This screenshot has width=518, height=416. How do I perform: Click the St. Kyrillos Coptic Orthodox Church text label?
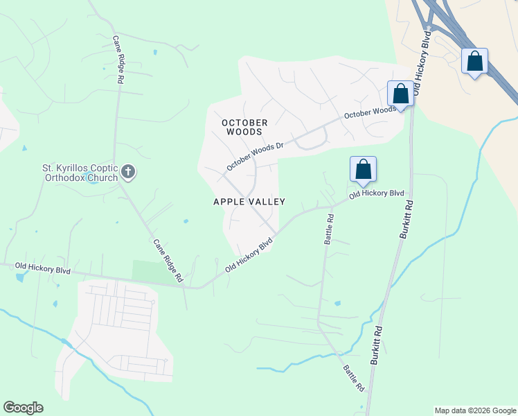pyautogui.click(x=80, y=172)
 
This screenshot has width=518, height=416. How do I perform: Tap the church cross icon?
pyautogui.click(x=127, y=171)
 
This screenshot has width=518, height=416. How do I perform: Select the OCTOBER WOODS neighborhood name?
pyautogui.click(x=244, y=127)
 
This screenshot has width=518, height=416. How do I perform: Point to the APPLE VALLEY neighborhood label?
pyautogui.click(x=249, y=201)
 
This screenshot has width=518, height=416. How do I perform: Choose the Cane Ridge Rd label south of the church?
pyautogui.click(x=168, y=261)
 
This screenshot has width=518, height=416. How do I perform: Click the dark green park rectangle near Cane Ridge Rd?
pyautogui.click(x=148, y=271)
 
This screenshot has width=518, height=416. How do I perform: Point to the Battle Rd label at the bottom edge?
pyautogui.click(x=353, y=376)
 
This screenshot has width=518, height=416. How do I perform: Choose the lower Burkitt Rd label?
pyautogui.click(x=377, y=346)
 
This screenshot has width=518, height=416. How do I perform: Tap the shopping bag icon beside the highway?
pyautogui.click(x=474, y=62)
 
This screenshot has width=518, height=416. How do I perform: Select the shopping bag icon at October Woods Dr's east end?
pyautogui.click(x=400, y=94)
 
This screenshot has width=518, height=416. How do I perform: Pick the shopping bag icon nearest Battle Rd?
pyautogui.click(x=363, y=169)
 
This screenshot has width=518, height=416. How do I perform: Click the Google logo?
pyautogui.click(x=23, y=408)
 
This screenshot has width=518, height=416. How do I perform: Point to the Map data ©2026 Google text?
pyautogui.click(x=475, y=410)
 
